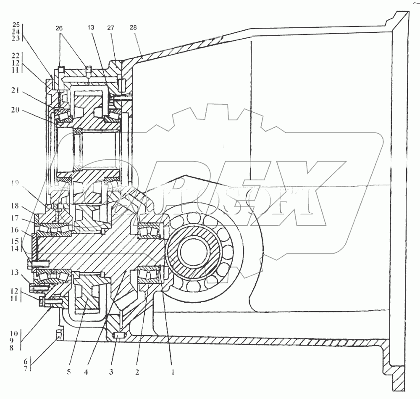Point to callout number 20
(16, 111)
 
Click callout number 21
(16, 91)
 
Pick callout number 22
(16, 55)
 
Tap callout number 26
(59, 28)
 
